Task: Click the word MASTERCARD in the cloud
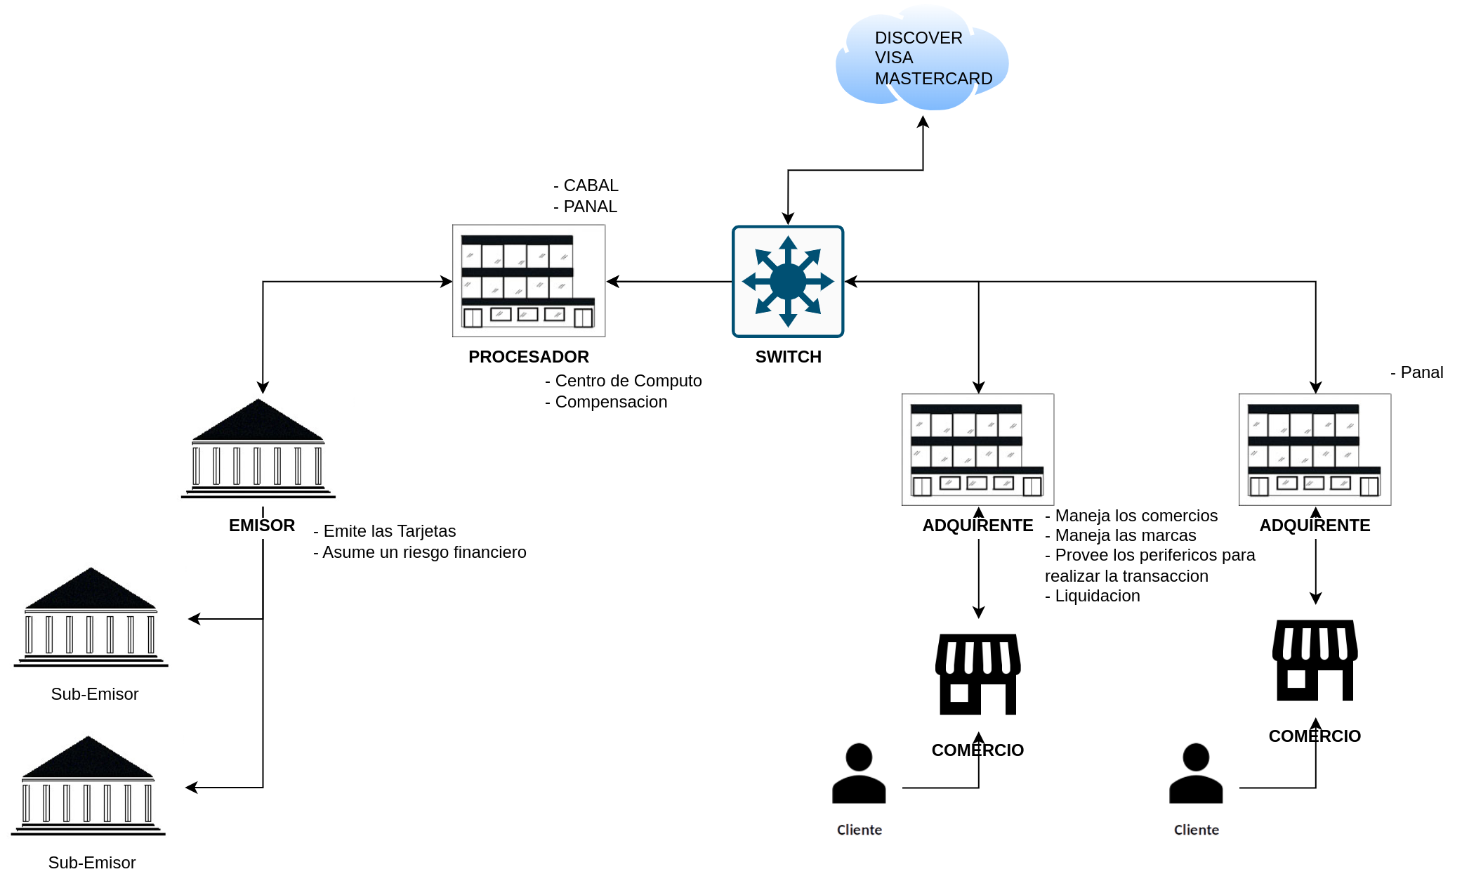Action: point(933,79)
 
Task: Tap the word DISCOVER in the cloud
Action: point(918,38)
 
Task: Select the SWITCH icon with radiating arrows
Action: point(788,282)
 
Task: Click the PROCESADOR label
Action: point(529,357)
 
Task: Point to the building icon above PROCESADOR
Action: point(529,281)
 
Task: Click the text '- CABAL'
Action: point(586,185)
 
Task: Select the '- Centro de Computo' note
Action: point(624,381)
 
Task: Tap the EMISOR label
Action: point(262,526)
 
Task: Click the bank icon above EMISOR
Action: point(258,448)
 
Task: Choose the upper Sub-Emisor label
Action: point(95,694)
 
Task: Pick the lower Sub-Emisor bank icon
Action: point(88,785)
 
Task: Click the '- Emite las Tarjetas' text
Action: point(385,531)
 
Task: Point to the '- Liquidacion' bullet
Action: point(1093,596)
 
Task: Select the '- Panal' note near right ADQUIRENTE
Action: point(1417,372)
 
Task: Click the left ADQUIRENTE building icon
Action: point(978,450)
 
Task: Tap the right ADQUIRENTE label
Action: point(1315,526)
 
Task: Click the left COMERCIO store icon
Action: point(978,674)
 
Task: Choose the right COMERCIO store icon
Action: point(1315,660)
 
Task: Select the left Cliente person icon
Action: point(859,773)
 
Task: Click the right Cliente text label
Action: point(1197,830)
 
